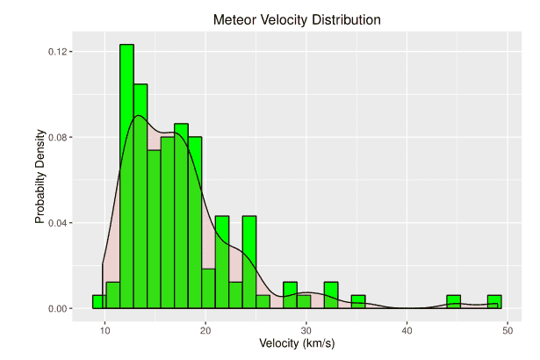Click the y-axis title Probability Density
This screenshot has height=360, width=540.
click(40, 180)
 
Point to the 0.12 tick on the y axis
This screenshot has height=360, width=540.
click(59, 52)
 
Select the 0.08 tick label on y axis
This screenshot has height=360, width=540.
click(59, 137)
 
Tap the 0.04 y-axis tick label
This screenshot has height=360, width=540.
click(59, 223)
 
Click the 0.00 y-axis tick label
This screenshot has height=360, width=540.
click(59, 308)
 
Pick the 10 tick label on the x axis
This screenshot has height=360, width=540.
click(104, 328)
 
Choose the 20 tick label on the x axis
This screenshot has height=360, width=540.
click(205, 328)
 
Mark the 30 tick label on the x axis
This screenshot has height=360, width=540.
click(306, 328)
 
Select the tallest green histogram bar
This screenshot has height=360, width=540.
click(126, 176)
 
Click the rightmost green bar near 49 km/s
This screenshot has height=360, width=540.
click(494, 301)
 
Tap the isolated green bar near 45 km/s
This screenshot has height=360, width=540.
click(453, 301)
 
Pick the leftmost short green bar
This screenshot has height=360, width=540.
click(99, 301)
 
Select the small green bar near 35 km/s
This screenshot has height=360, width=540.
click(358, 301)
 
